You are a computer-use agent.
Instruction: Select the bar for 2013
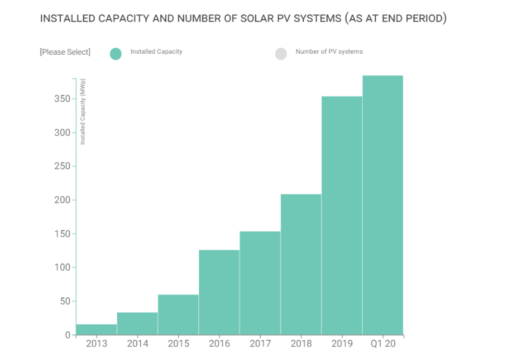click(x=96, y=330)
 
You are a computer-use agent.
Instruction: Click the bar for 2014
click(x=137, y=324)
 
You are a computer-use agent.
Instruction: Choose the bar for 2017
click(x=260, y=283)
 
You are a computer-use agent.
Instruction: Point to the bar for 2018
click(x=301, y=265)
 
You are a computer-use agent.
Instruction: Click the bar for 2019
click(x=342, y=215)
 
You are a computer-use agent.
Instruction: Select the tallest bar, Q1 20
click(x=383, y=205)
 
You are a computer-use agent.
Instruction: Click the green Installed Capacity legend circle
click(x=116, y=54)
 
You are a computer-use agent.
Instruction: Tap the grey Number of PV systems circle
click(x=281, y=54)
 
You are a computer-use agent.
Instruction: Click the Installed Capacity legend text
click(x=156, y=52)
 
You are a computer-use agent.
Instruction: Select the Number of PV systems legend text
click(x=329, y=52)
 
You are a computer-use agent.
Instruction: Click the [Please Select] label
click(x=65, y=52)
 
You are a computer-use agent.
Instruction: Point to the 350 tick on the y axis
click(x=61, y=98)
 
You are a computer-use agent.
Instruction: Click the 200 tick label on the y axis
click(x=61, y=200)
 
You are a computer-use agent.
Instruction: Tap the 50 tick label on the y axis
click(x=64, y=301)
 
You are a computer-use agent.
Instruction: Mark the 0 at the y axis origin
click(x=67, y=335)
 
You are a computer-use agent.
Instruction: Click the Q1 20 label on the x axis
click(x=382, y=344)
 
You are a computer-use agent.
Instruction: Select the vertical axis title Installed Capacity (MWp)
click(x=83, y=111)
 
